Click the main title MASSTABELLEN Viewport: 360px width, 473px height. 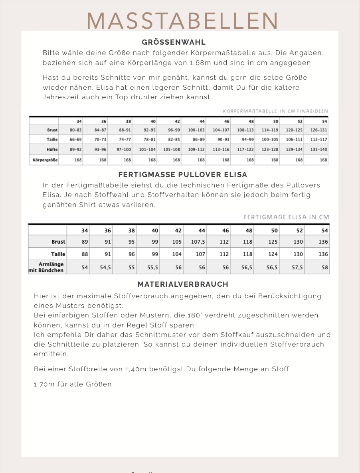click(182, 20)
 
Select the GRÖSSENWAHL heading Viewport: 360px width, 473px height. click(174, 42)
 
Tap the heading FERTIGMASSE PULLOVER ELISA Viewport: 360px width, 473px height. click(182, 175)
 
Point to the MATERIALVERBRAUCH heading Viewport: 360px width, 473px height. click(183, 284)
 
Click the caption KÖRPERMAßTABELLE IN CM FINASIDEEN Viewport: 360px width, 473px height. click(275, 111)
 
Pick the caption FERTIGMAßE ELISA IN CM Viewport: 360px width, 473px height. click(286, 217)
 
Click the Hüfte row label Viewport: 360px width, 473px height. click(52, 149)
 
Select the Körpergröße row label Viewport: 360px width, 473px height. click(45, 160)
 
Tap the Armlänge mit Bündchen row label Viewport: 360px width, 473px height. click(46, 267)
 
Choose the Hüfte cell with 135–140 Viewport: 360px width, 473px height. click(318, 149)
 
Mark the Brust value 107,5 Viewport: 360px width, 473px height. click(198, 242)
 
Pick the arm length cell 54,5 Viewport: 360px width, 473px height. click(105, 268)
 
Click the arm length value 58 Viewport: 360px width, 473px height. click(324, 268)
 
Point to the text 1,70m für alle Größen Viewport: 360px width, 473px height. click(73, 384)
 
